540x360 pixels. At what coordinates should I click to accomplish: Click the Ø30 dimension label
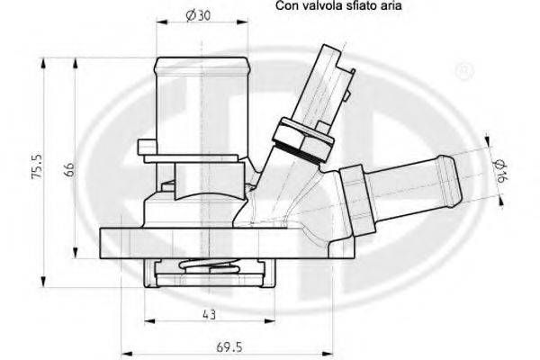coord(198,15)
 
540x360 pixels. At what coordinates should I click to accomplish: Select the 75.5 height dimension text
coord(37,166)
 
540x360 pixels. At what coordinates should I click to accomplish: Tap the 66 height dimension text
coord(70,169)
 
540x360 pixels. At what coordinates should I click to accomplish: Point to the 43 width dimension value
coord(210,314)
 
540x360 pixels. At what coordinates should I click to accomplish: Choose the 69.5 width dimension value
coord(229,347)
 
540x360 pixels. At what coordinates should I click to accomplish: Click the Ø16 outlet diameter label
coord(501,171)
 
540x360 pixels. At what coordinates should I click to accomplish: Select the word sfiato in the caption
coord(360,5)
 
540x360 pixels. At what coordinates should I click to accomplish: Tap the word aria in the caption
coord(391,5)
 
